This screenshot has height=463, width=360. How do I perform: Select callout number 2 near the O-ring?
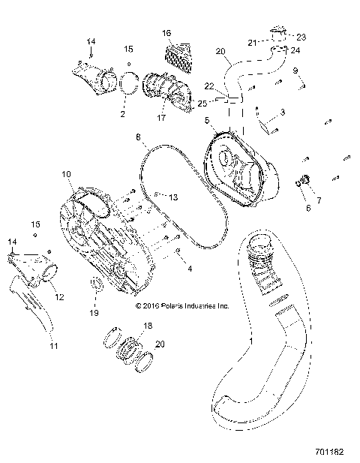click(122, 114)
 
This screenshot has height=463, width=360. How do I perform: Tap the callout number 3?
click(282, 112)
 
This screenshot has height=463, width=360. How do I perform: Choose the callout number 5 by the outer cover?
click(206, 119)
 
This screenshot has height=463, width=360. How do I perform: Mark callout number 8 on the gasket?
click(139, 137)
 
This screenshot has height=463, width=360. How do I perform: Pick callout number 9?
click(295, 70)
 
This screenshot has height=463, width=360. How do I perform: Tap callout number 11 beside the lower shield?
click(53, 346)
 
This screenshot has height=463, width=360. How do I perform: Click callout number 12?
click(59, 297)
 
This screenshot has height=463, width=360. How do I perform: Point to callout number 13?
click(173, 197)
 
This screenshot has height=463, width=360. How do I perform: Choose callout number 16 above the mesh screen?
click(166, 33)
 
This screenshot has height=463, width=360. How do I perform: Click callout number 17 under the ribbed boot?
click(160, 117)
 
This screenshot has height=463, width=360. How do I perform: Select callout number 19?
click(94, 312)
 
